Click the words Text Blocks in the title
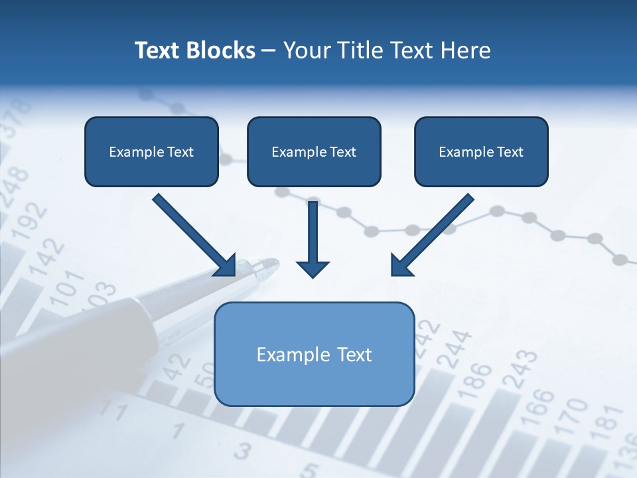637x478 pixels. click(195, 50)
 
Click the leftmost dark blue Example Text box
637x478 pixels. click(151, 151)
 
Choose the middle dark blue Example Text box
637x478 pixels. click(314, 151)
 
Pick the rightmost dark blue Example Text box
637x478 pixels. click(481, 151)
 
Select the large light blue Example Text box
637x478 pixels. click(315, 354)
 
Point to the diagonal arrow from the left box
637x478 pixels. click(194, 235)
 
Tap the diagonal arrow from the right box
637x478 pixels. click(431, 235)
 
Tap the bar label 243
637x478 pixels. click(520, 369)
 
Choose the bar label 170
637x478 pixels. click(572, 415)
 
